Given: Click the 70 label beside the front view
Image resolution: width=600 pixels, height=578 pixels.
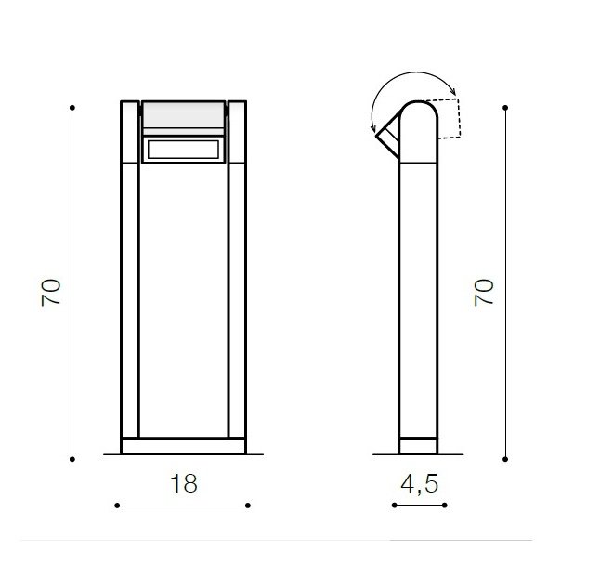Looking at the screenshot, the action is pos(51,293).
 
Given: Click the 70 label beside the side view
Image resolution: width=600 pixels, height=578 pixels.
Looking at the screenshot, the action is pos(484,293).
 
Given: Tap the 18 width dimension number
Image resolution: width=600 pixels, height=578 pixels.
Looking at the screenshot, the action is pos(184,483).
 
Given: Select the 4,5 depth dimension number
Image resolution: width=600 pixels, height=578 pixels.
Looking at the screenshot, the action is pos(420,484).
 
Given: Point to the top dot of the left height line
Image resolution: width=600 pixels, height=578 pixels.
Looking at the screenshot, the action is pos(72,108).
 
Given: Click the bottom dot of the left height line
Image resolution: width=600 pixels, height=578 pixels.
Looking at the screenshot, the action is pos(72,459).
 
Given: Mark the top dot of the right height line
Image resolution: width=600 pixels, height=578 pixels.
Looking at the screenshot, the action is pos(505,108).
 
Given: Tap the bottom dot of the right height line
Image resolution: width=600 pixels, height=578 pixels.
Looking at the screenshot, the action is pos(505,459).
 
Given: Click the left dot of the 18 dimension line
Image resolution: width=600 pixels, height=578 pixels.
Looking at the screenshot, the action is pos(117,506).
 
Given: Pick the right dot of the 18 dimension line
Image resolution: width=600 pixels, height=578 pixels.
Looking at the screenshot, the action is pos(248,506).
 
